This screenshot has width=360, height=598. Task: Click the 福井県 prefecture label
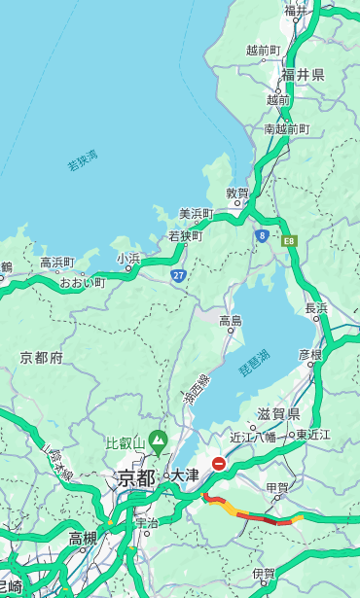303,75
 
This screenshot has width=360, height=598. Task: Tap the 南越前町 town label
287,128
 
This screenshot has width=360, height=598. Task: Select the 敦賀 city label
238,193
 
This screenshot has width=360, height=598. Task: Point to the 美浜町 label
197,213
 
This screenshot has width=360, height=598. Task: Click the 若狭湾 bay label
82,160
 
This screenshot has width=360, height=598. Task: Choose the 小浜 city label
128,258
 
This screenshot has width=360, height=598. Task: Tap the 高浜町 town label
56,263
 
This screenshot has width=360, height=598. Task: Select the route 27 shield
178,276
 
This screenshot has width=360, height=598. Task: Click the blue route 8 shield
262,235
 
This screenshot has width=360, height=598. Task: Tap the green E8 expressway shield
289,239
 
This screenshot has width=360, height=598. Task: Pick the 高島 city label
231,321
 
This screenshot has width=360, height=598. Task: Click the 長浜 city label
316,307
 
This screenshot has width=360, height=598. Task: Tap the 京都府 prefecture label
41,358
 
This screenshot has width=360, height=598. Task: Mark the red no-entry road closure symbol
220,465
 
